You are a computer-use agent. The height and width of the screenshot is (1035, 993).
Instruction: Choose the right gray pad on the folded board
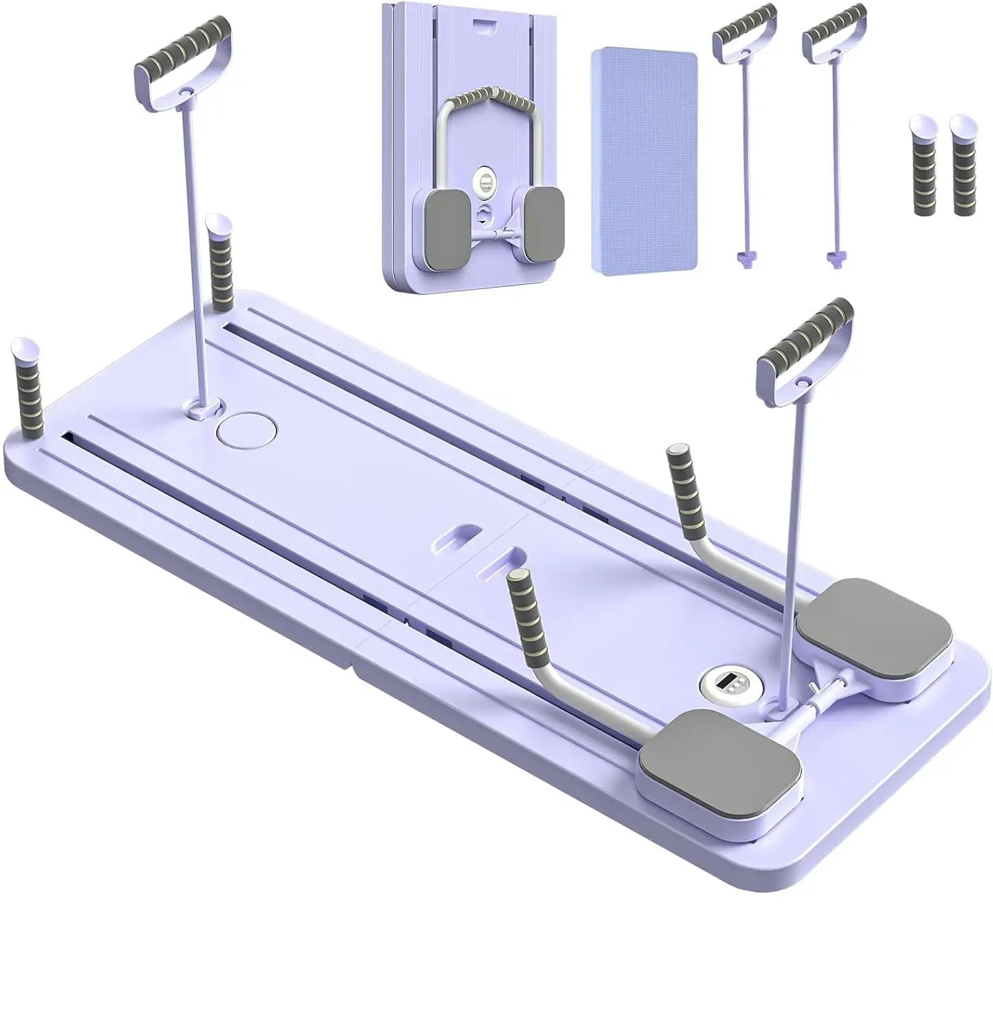(x=543, y=225)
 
